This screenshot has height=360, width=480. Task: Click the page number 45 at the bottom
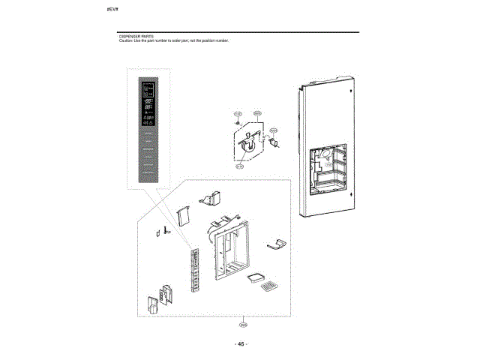(241, 343)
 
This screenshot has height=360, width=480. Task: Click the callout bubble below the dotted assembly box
(242, 325)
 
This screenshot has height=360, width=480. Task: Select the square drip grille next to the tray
(269, 286)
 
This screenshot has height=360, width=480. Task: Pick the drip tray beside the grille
(256, 276)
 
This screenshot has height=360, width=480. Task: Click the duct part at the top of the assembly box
(211, 197)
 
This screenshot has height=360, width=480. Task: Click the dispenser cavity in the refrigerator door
(327, 169)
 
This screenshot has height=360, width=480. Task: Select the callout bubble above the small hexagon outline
(256, 113)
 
